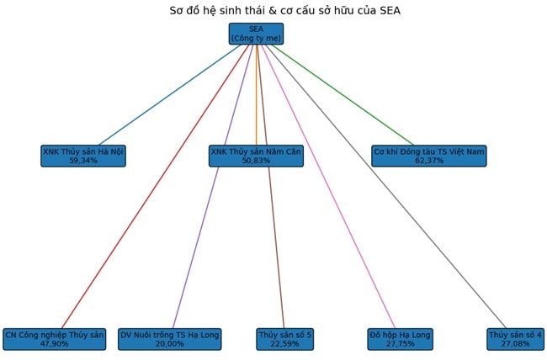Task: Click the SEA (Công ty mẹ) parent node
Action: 256,34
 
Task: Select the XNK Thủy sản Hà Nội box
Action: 83,156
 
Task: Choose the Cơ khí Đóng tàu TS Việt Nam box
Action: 429,156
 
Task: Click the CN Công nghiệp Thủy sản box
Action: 55,339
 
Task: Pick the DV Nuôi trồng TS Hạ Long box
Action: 169,339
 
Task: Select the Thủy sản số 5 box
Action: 284,339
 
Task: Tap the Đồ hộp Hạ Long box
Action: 400,339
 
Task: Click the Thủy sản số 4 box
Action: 515,339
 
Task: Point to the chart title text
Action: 273,11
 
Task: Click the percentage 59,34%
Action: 83,161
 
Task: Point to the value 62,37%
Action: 429,161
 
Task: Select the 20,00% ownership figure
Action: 169,344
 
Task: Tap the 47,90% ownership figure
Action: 55,344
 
